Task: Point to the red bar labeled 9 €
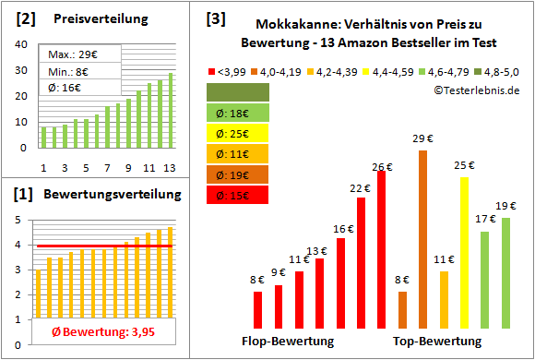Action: [x=278, y=306]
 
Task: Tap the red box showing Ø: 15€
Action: [x=238, y=194]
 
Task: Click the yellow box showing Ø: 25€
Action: [x=238, y=133]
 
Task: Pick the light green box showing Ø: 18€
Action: [x=238, y=113]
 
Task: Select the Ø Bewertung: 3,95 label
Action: [x=94, y=331]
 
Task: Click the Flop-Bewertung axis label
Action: [x=288, y=342]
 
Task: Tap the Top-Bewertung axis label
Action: [x=437, y=342]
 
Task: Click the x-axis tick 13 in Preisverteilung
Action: [x=170, y=166]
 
